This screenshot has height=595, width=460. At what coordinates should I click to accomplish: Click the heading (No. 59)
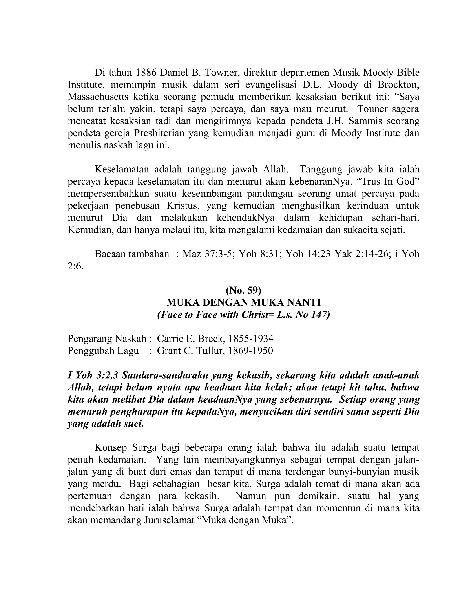(243, 291)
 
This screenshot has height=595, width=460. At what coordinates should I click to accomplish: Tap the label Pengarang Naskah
(107, 339)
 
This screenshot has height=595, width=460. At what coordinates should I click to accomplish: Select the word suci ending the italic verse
(133, 424)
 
